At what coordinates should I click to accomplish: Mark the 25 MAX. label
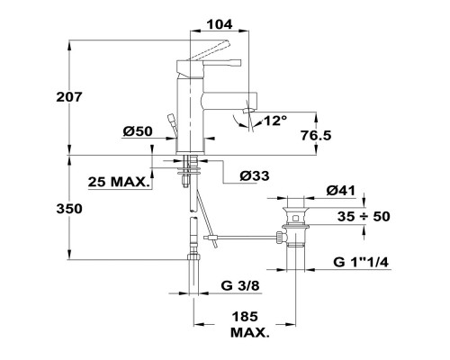(x=119, y=183)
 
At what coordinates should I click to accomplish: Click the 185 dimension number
(x=245, y=317)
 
